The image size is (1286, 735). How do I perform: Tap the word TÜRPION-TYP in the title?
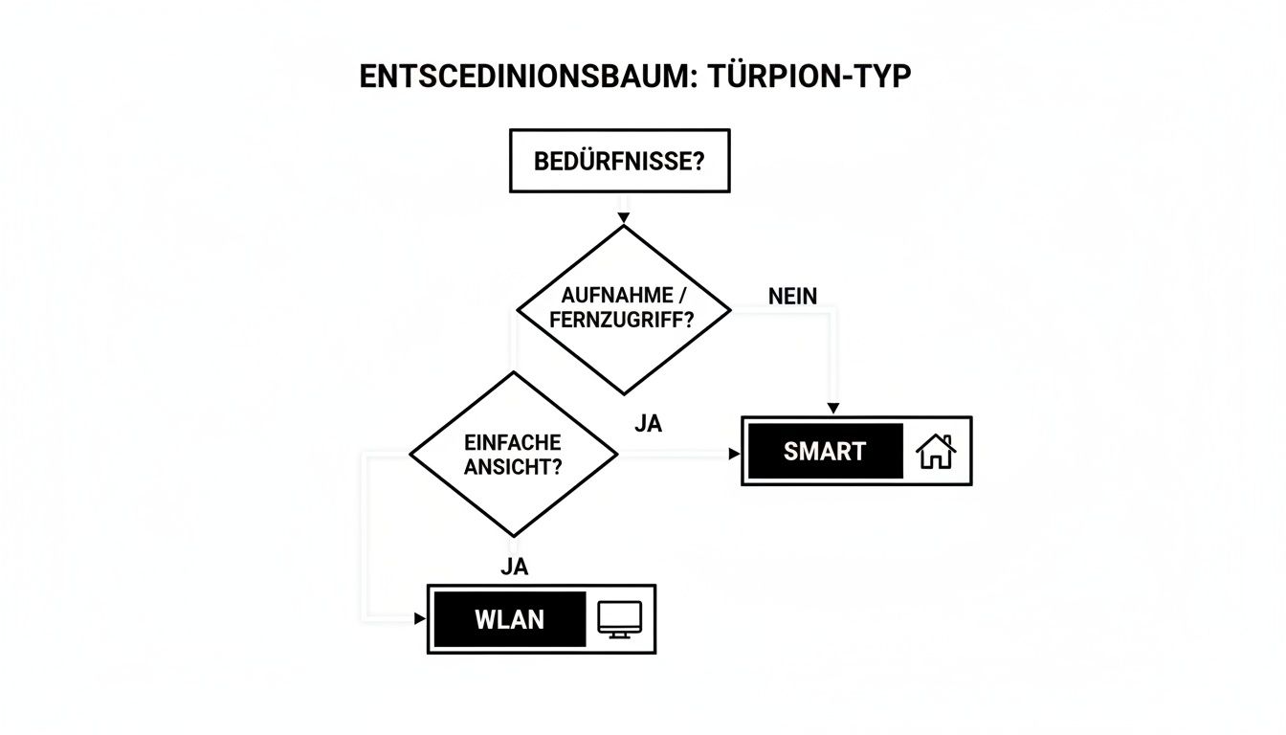(807, 78)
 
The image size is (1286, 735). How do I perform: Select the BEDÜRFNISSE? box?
(619, 161)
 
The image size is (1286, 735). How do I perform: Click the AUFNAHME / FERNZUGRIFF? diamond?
(623, 309)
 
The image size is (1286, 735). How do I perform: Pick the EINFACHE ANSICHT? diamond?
(513, 455)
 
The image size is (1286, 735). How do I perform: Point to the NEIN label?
(792, 297)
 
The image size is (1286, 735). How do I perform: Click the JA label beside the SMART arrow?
(648, 423)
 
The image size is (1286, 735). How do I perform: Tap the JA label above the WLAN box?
(514, 567)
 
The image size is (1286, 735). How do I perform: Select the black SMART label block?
(824, 451)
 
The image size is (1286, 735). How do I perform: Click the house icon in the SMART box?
(936, 452)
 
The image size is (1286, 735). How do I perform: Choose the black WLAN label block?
(509, 619)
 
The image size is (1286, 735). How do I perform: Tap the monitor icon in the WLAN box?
(618, 619)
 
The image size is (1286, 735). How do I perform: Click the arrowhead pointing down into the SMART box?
(833, 410)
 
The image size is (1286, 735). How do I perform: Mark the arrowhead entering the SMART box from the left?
(734, 453)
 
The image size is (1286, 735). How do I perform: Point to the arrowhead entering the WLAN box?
(419, 619)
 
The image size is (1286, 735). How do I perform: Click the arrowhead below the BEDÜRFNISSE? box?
(623, 218)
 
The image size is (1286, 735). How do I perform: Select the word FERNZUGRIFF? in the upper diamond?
(622, 322)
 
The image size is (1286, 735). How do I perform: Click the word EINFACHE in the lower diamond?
(513, 443)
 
